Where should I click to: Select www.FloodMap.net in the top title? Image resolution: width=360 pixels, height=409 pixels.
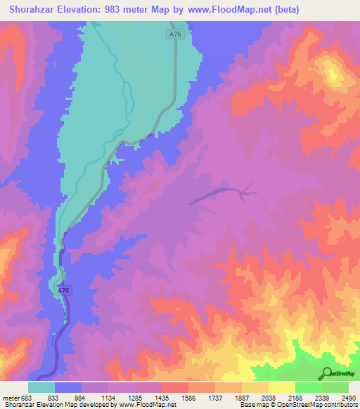[229, 9]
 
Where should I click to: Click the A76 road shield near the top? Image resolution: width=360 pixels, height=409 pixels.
[176, 34]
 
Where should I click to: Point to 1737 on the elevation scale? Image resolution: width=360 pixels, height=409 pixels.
[216, 398]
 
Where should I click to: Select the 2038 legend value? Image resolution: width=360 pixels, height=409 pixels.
[269, 398]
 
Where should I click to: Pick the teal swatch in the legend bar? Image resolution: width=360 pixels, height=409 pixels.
[41, 387]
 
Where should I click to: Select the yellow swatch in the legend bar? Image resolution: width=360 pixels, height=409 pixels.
[281, 387]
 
